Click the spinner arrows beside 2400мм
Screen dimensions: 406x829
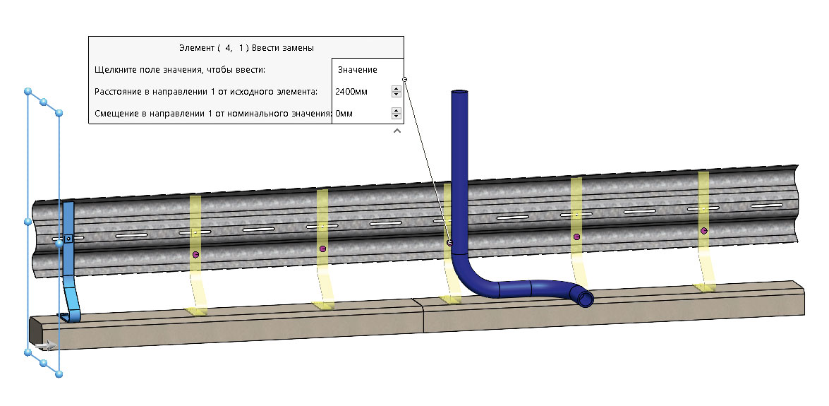point(397,92)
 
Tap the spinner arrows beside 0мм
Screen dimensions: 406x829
point(397,113)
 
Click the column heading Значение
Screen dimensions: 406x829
point(358,70)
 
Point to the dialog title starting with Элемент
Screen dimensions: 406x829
point(246,47)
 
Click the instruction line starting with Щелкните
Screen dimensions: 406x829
point(180,70)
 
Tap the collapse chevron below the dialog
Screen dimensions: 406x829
point(397,131)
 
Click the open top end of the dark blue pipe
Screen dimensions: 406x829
point(459,92)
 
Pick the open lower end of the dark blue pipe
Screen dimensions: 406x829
point(586,299)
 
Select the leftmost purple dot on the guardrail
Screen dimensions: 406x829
point(195,254)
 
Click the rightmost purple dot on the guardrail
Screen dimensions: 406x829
point(703,231)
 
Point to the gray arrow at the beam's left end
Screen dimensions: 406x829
point(47,345)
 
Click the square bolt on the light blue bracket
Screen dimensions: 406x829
point(68,239)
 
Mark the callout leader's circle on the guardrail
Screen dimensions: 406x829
point(449,243)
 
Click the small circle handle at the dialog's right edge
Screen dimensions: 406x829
point(404,79)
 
